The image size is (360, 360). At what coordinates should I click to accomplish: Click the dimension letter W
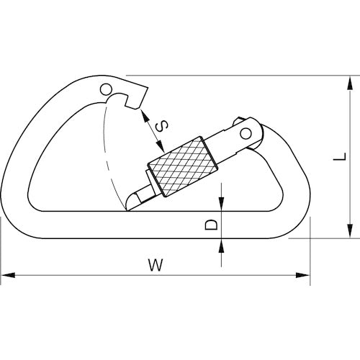(x=153, y=264)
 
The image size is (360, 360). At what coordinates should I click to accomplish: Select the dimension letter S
(x=163, y=126)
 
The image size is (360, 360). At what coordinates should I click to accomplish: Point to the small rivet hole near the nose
(x=107, y=90)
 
